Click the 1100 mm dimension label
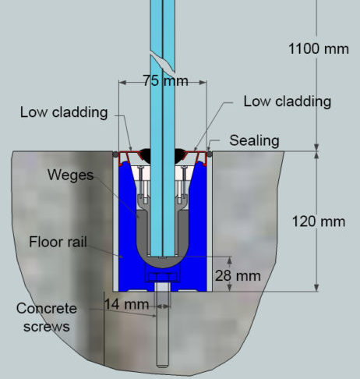pyautogui.click(x=319, y=49)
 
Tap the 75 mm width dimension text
pyautogui.click(x=165, y=80)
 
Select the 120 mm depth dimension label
pyautogui.click(x=319, y=221)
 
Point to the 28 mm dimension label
pyautogui.click(x=238, y=275)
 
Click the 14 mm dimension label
pyautogui.click(x=126, y=304)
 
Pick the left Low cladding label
pyautogui.click(x=64, y=112)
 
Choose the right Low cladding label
pyautogui.click(x=288, y=101)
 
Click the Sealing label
pyautogui.click(x=254, y=140)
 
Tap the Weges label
pyautogui.click(x=70, y=175)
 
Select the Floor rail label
pyautogui.click(x=58, y=242)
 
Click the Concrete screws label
pyautogui.click(x=47, y=317)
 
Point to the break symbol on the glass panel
pyautogui.click(x=162, y=62)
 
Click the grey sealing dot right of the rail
pyautogui.click(x=210, y=154)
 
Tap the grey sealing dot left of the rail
pyautogui.click(x=115, y=154)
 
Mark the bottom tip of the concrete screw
pyautogui.click(x=162, y=367)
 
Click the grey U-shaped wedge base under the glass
pyautogui.click(x=163, y=262)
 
